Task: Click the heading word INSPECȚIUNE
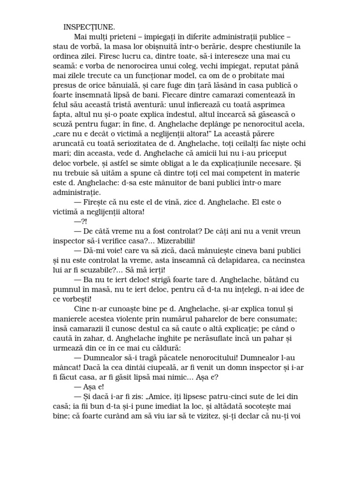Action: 89,27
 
